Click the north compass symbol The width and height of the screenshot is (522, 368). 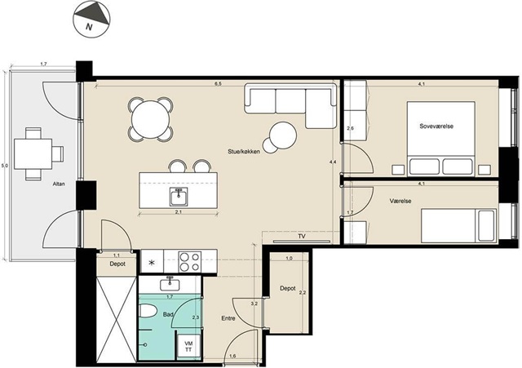[x=91, y=19]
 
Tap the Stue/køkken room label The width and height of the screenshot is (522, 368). [x=244, y=152]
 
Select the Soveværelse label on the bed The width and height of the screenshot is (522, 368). [x=436, y=126]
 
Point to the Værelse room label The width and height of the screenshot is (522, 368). [x=400, y=202]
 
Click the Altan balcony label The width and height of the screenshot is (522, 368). [x=59, y=184]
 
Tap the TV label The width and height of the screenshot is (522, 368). [x=302, y=237]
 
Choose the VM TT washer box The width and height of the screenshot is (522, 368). [x=188, y=346]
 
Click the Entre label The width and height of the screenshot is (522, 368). [x=228, y=318]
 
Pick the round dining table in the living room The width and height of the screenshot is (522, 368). [x=150, y=119]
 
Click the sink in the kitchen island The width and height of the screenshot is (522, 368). [x=179, y=196]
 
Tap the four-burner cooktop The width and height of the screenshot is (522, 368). [x=190, y=261]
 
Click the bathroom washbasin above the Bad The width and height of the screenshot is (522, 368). [x=170, y=285]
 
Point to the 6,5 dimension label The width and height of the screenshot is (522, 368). [x=218, y=84]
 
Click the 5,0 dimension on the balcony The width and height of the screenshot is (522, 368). [x=4, y=165]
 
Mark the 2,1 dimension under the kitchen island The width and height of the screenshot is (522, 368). [x=179, y=212]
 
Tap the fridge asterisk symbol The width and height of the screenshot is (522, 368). [x=152, y=263]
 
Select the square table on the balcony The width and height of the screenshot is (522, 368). [x=33, y=154]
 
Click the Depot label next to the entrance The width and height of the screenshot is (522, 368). [x=288, y=288]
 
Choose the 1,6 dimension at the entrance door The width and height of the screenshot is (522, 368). [x=232, y=357]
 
